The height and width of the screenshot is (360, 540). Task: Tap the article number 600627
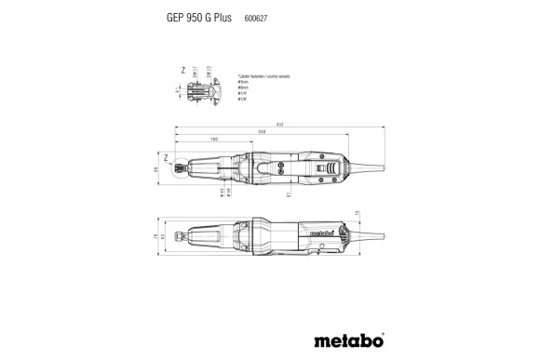pos(256,17)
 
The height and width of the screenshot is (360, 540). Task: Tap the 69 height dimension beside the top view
pos(156,169)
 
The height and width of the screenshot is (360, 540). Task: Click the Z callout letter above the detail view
pos(183,70)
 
